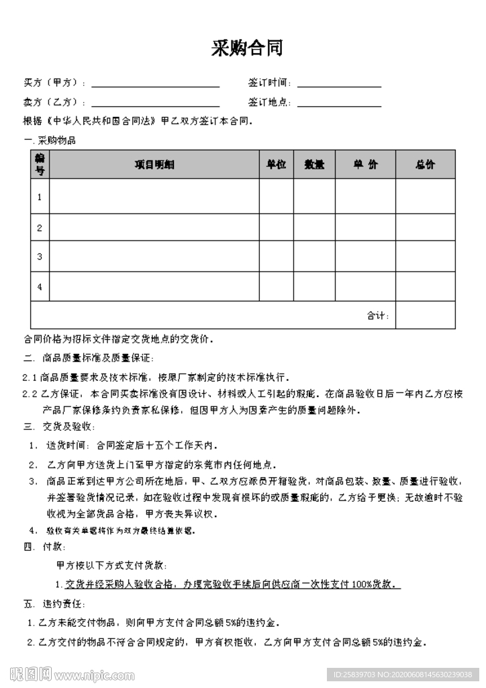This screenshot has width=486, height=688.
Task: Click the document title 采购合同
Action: [x=247, y=48]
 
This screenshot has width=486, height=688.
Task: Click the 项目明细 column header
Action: [x=154, y=165]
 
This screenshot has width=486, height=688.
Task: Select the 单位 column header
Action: [x=277, y=165]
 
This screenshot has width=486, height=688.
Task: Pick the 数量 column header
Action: [x=314, y=165]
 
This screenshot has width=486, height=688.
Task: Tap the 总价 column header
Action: [x=425, y=165]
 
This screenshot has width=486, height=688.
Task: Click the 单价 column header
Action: [x=365, y=165]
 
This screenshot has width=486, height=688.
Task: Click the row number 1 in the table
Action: [x=40, y=197]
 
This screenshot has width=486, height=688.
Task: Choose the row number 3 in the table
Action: [x=40, y=257]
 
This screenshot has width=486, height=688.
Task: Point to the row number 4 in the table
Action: [x=40, y=287]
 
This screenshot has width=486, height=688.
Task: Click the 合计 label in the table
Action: [x=377, y=315]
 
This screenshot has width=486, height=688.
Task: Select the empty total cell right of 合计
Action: [x=425, y=315]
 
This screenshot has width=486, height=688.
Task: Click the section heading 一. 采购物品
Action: [x=50, y=141]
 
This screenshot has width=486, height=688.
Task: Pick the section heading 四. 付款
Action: [x=44, y=547]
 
